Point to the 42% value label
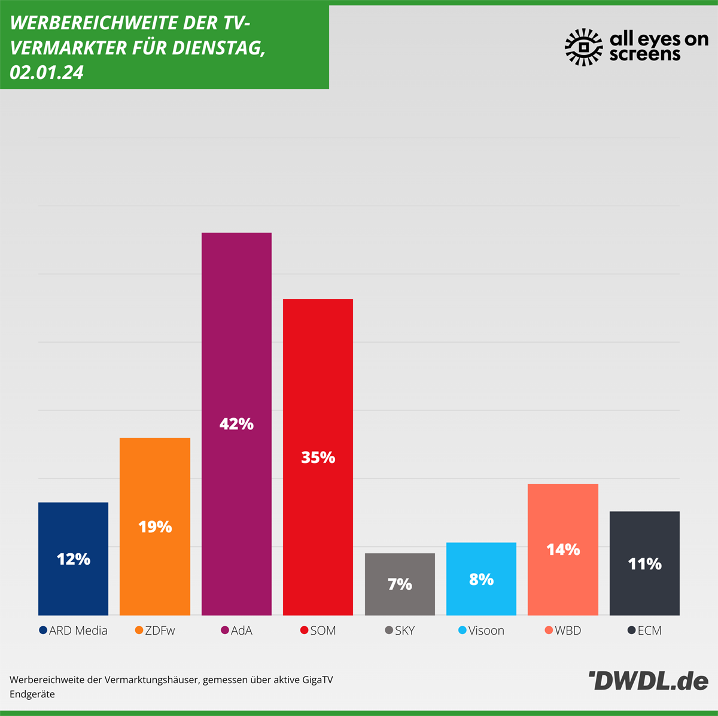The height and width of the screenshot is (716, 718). point(236,424)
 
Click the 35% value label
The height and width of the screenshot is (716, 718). point(318,458)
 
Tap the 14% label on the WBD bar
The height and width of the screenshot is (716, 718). point(563,549)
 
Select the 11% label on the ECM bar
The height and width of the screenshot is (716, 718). point(644,563)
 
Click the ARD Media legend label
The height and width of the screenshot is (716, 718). point(78,630)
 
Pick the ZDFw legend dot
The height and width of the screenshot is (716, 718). point(139,630)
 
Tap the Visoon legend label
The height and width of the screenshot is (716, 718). point(486,630)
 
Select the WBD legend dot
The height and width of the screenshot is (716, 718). point(549,630)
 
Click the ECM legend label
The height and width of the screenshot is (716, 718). point(649,630)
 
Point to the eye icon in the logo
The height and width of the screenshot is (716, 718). point(584,47)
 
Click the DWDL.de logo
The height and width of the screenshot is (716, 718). point(649,681)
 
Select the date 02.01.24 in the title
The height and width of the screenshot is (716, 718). point(47,72)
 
